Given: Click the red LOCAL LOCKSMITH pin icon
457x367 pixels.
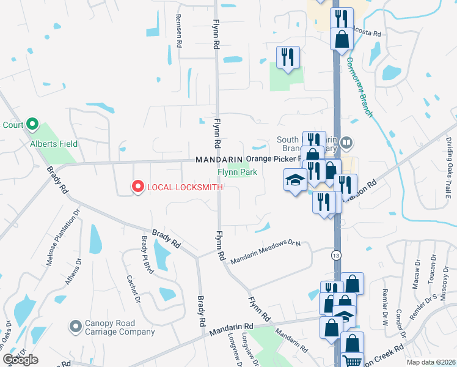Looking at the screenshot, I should pos(138,187).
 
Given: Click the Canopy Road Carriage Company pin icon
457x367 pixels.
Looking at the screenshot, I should pos(75,325).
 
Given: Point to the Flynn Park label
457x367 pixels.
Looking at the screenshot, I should pos(238,172).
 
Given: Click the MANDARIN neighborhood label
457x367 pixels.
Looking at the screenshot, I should pos(219,160).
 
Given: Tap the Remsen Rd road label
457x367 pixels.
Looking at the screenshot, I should pos(179,30).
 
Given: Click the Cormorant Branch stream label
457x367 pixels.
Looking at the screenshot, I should pos(360,86).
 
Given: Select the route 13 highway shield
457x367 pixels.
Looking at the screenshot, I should pos(337,254).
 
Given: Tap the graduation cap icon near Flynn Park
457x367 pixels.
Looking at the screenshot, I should pos(295,180).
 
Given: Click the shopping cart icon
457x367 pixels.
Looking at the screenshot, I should pos(352,361).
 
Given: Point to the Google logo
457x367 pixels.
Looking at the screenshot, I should pos(20,360).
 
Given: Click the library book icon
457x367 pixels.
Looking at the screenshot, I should pos(346,143).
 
